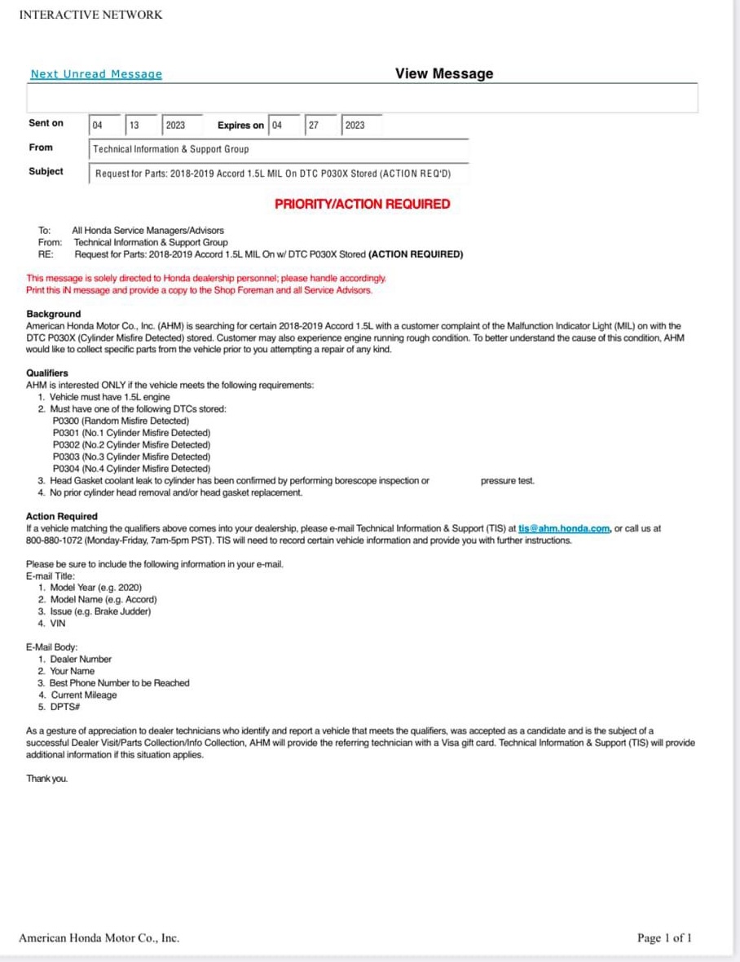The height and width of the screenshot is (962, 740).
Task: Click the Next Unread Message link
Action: pos(96,74)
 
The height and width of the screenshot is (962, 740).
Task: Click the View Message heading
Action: pos(444,73)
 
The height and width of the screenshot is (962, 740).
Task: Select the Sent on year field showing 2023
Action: pos(182,126)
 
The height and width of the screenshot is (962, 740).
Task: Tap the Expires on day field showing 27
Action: pos(319,126)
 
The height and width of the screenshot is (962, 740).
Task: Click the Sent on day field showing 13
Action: pos(140,126)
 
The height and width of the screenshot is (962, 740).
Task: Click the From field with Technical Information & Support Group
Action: pos(278,150)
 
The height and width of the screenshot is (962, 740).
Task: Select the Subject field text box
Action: pos(278,174)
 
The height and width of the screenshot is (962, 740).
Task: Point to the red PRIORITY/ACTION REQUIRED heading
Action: pos(362,204)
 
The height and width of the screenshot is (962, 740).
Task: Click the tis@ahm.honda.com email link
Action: pos(564,528)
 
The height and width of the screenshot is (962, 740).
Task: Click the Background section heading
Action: pos(54,314)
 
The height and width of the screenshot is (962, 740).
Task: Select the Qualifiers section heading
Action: pos(47,373)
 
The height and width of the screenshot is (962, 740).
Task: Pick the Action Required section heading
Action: pos(62,516)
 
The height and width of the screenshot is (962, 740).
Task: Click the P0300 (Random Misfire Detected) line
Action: pos(121,421)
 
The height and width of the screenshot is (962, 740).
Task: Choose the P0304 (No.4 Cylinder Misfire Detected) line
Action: pos(131,469)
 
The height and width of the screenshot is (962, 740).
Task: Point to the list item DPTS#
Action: pos(64,707)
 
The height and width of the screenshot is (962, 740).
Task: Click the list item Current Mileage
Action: pos(83,695)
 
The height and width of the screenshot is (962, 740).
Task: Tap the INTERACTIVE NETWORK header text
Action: pos(90,15)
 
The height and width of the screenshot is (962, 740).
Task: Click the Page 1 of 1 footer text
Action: pos(664,938)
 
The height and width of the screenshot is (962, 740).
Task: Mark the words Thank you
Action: pos(47,779)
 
